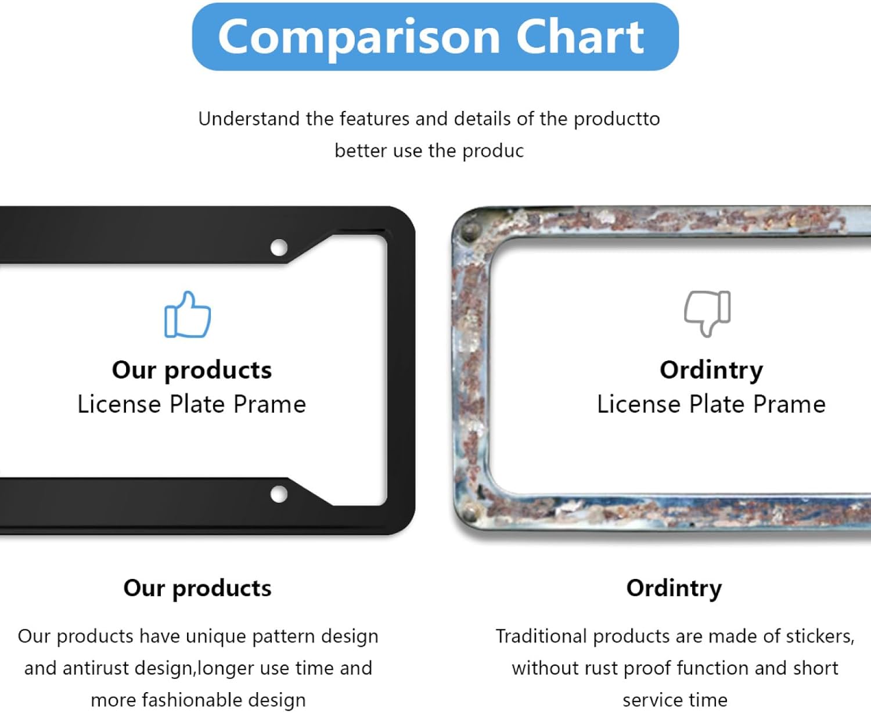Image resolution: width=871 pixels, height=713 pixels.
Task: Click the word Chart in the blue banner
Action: tap(580, 37)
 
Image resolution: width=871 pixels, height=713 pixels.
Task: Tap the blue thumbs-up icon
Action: tap(188, 314)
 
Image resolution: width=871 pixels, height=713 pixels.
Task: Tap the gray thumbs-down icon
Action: tap(707, 314)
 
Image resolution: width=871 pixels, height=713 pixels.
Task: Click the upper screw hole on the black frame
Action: tap(279, 247)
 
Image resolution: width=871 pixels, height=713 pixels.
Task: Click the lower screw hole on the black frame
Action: tap(279, 494)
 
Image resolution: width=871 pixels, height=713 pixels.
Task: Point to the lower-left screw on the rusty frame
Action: tap(469, 513)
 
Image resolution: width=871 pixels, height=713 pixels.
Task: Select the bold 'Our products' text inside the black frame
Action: tap(192, 370)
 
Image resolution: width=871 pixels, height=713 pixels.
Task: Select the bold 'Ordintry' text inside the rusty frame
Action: tap(711, 370)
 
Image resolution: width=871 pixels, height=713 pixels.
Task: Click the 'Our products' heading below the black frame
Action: tap(197, 588)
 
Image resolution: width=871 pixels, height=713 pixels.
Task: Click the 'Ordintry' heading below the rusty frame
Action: tap(674, 588)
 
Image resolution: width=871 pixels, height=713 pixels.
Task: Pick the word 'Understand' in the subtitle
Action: tap(249, 119)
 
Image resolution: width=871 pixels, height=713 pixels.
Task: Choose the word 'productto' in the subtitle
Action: tap(617, 120)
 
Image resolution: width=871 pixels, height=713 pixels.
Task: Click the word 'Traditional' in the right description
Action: tap(541, 636)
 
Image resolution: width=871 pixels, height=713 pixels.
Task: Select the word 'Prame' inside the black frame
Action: tap(269, 404)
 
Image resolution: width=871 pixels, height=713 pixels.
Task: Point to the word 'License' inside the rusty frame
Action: tap(639, 404)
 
